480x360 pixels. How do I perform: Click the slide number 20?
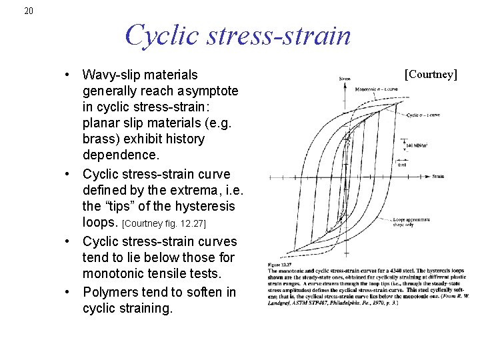point(27,11)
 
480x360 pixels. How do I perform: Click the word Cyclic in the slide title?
point(158,35)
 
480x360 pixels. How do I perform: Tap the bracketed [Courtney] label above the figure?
point(431,73)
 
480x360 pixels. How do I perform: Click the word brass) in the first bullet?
point(102,139)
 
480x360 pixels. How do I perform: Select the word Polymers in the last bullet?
point(111,292)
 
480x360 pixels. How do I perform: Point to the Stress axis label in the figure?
point(345,79)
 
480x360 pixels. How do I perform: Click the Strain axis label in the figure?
point(437,177)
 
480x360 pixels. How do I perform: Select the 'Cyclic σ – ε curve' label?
point(424,115)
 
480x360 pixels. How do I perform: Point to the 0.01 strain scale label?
point(402,164)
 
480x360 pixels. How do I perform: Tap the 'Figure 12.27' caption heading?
point(280,267)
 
